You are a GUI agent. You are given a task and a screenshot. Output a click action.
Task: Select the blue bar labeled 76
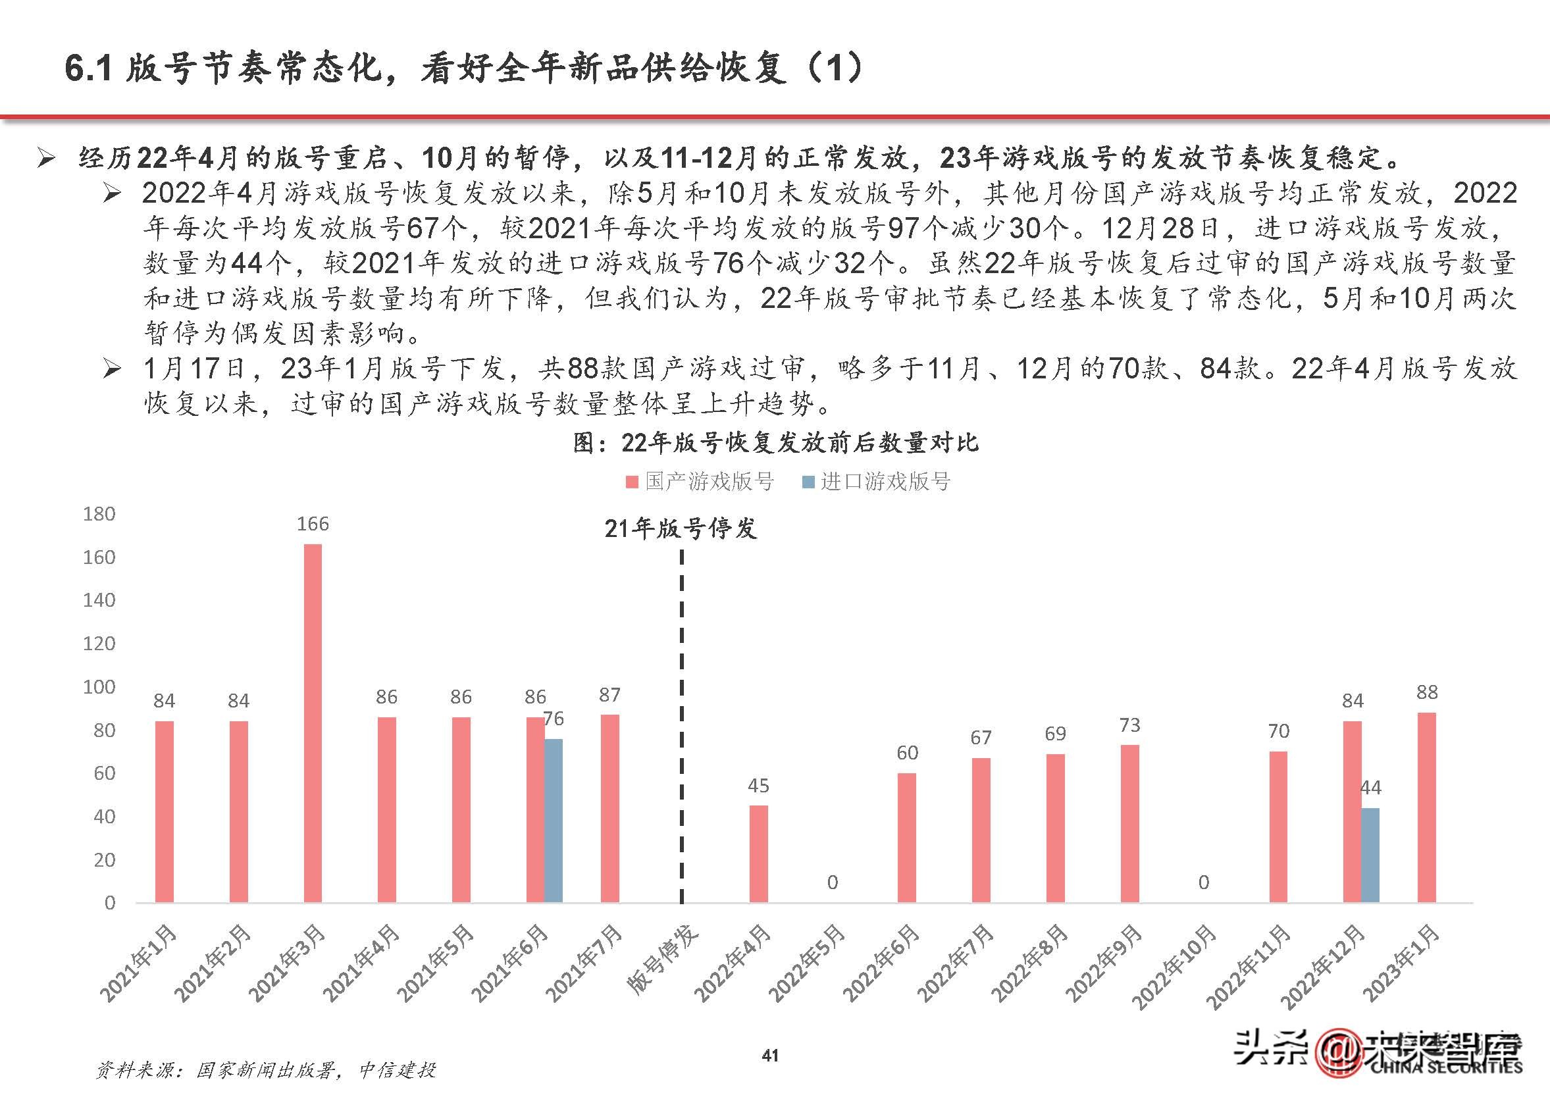tap(554, 820)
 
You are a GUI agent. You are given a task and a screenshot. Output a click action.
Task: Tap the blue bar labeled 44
tap(1370, 855)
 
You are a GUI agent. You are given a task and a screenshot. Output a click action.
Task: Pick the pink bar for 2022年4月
tap(758, 854)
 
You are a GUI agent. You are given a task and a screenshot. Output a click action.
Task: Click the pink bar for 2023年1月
tap(1426, 807)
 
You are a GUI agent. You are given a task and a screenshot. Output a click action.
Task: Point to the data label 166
tap(313, 524)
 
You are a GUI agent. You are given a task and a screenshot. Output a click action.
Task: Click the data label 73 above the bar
tap(1129, 725)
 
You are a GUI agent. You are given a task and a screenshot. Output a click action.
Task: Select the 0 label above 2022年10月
tap(1203, 882)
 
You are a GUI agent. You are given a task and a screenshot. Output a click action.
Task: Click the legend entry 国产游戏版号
tap(701, 482)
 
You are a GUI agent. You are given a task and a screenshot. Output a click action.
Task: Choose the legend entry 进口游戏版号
tap(877, 482)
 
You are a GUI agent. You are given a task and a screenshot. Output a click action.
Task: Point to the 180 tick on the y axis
tap(99, 515)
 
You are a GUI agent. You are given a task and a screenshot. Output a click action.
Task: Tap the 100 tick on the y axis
tap(99, 687)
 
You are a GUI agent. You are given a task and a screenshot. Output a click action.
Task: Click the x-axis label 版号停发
tap(663, 961)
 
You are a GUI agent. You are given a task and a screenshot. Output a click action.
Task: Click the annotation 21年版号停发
tap(681, 528)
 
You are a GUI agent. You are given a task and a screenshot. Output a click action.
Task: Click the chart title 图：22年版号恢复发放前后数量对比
tap(776, 443)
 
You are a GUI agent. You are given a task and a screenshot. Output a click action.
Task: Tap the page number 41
tap(770, 1055)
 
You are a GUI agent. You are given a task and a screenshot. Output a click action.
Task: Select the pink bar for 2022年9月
tap(1129, 823)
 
